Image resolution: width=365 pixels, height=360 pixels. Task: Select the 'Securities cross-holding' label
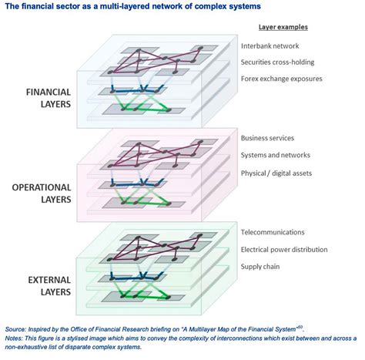pos(283,62)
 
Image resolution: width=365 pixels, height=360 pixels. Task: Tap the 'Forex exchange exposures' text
pos(282,79)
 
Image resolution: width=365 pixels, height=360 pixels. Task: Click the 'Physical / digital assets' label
pos(276,173)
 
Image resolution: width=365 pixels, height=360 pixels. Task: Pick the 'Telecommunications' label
pos(273,231)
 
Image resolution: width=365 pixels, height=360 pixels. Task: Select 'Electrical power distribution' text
pos(288,249)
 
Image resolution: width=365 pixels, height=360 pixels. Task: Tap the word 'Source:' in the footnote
pos(16,327)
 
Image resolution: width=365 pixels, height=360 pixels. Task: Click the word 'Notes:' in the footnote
pos(15,336)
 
